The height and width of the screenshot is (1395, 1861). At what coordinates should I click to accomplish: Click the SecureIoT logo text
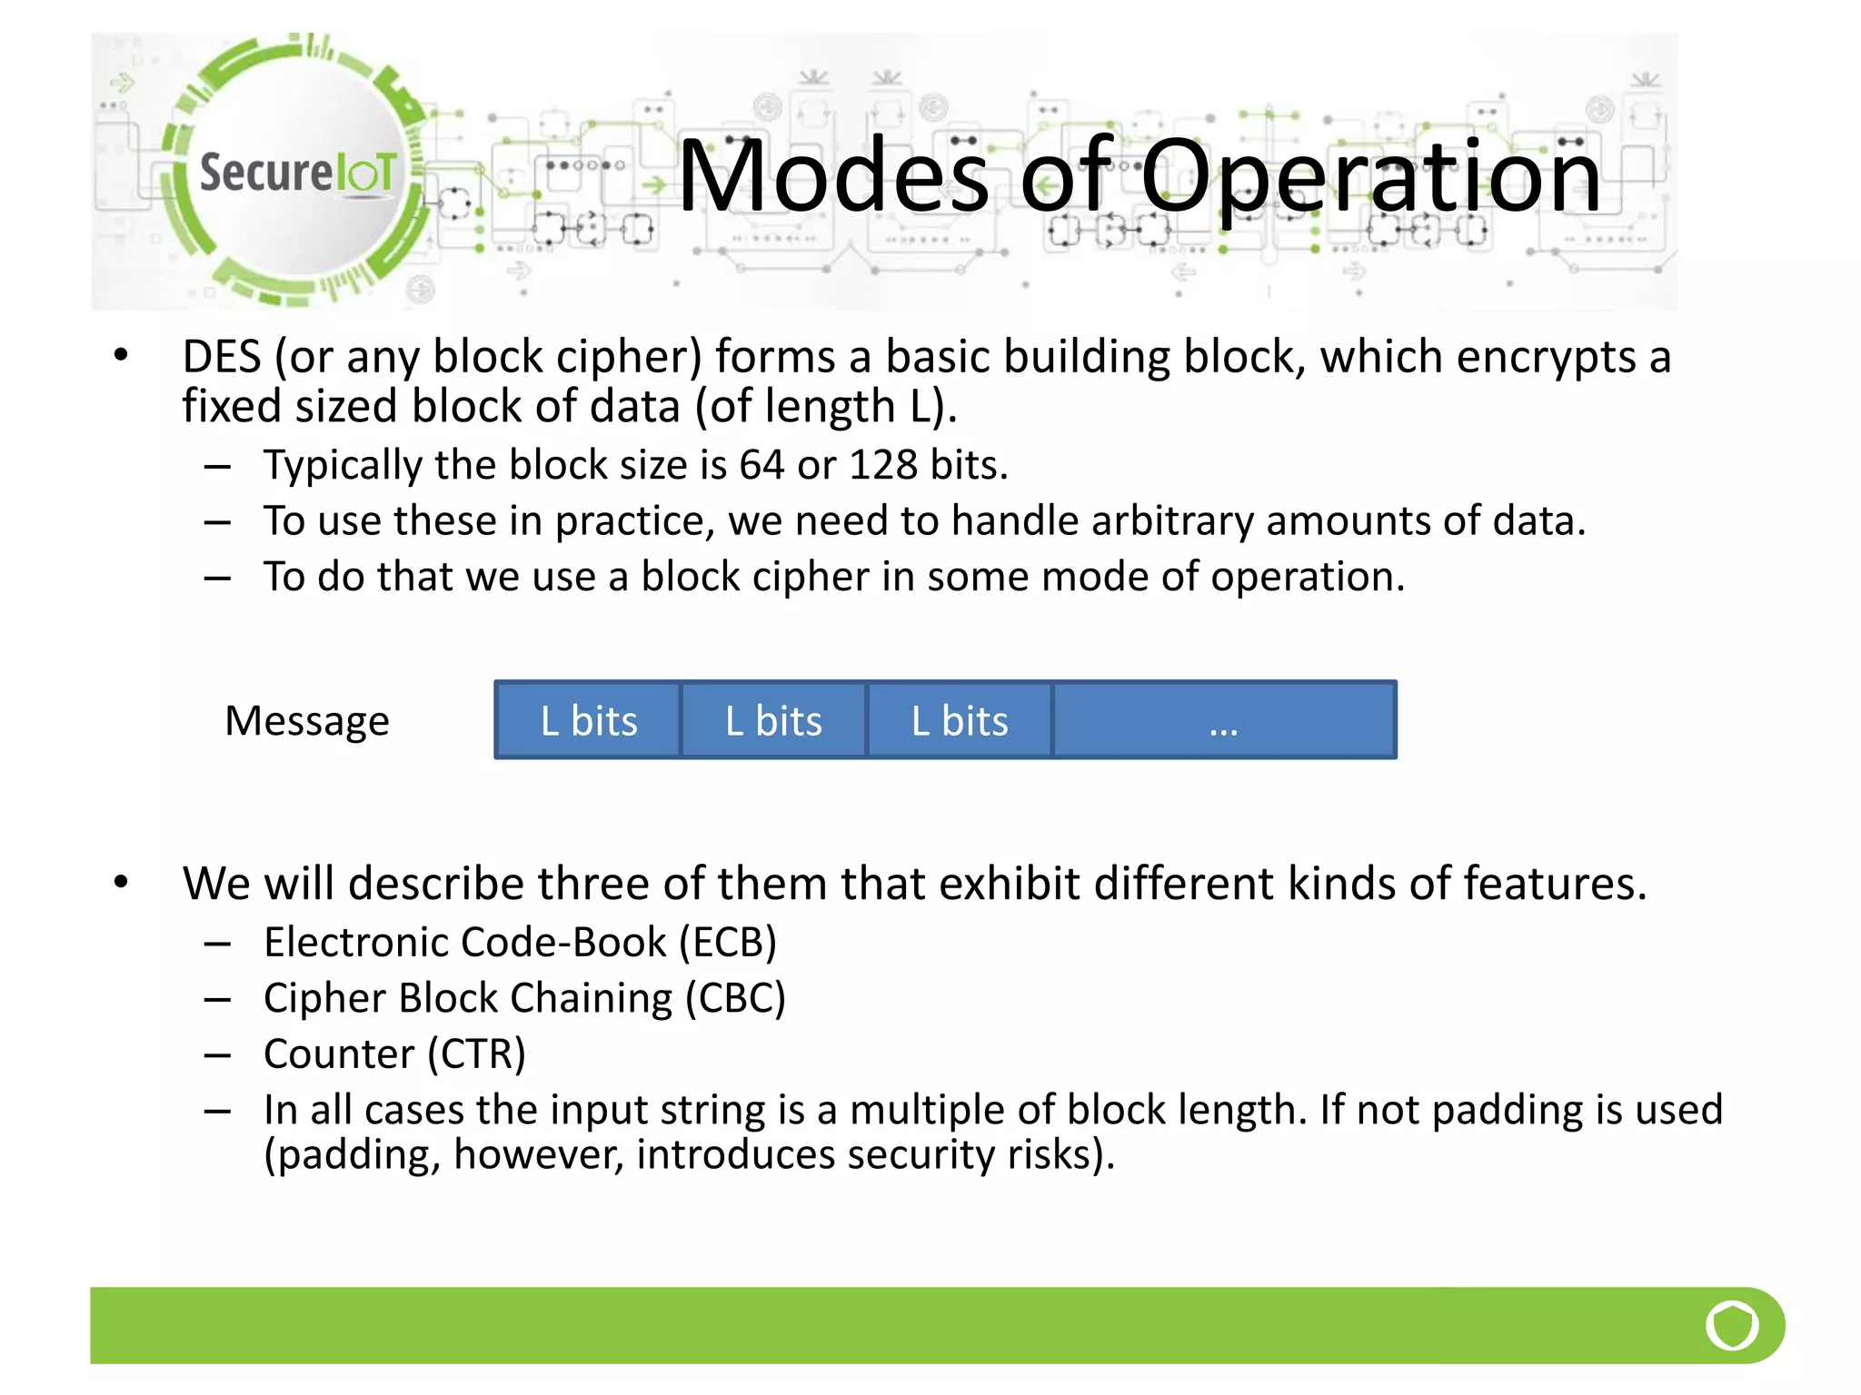pyautogui.click(x=297, y=173)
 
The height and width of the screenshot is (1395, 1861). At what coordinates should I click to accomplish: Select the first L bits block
pyautogui.click(x=588, y=720)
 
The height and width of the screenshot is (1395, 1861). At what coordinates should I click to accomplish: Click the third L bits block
pyautogui.click(x=960, y=720)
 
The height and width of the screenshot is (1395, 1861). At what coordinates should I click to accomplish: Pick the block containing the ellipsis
pyautogui.click(x=1223, y=720)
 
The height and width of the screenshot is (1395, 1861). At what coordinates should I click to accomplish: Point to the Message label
pyautogui.click(x=307, y=721)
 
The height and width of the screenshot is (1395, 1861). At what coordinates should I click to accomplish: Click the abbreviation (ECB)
pyautogui.click(x=728, y=942)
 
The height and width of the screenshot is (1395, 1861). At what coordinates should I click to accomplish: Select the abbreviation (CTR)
pyautogui.click(x=476, y=1054)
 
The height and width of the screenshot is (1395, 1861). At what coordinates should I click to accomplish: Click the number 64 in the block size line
pyautogui.click(x=761, y=465)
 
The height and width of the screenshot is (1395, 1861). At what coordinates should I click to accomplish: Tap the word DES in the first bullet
pyautogui.click(x=222, y=356)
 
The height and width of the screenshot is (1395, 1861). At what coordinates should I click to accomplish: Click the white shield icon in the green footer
pyautogui.click(x=1732, y=1325)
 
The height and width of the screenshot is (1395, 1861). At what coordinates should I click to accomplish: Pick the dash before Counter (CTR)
pyautogui.click(x=217, y=1055)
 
